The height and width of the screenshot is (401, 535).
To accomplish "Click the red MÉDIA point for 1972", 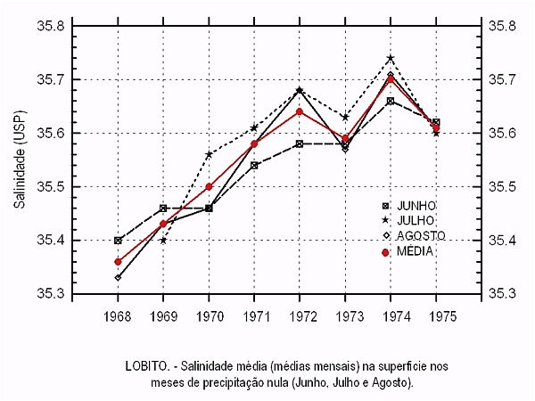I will click(300, 112).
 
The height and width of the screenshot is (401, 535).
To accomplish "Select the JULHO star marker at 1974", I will click(391, 59).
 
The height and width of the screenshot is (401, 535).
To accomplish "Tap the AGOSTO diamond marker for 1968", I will click(118, 278).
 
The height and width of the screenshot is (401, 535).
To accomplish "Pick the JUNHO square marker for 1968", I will click(118, 241).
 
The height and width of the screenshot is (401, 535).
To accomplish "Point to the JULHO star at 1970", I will click(209, 155).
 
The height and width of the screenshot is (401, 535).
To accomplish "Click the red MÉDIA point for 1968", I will click(118, 262).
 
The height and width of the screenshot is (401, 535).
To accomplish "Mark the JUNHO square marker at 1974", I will click(391, 102).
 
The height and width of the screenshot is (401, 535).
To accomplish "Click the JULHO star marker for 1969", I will click(163, 241).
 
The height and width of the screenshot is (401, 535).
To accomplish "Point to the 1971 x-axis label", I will click(254, 316).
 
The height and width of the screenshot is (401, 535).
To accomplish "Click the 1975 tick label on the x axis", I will click(436, 316).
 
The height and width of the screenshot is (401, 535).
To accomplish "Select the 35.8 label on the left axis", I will click(49, 26).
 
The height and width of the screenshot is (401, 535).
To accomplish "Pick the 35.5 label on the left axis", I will click(49, 187).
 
